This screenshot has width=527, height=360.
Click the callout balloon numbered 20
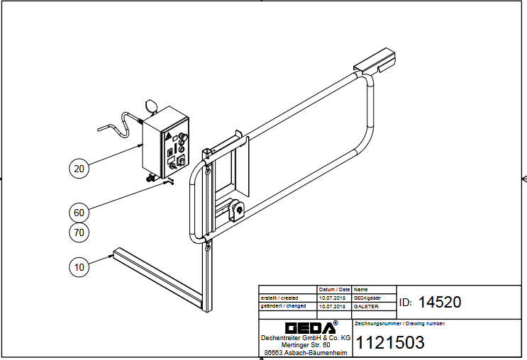click(x=79, y=168)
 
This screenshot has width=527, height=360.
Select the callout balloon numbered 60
click(x=79, y=213)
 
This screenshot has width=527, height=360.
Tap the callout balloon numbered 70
click(x=79, y=232)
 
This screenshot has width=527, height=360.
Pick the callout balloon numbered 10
click(x=79, y=267)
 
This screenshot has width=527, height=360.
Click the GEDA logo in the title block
click(x=311, y=327)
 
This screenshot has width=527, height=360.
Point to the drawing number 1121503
click(x=390, y=342)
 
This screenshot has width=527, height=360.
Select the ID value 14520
click(x=440, y=302)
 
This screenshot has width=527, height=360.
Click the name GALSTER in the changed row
click(x=366, y=307)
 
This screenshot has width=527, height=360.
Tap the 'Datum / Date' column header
click(x=334, y=289)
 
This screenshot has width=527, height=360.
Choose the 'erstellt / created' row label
click(x=279, y=298)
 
